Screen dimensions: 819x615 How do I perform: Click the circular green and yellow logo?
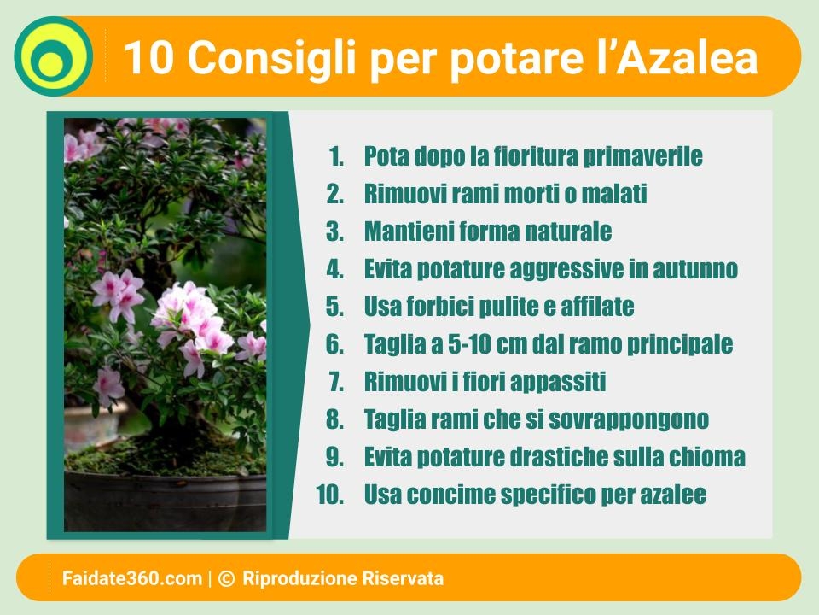pos(53,56)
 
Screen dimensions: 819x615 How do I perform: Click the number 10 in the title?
pos(148,57)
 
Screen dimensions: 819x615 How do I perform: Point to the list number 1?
pos(336,156)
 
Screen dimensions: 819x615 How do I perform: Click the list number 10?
pos(330,495)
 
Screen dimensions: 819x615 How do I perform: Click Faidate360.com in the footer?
pos(132,578)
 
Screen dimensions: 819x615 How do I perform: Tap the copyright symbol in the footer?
pos(226,578)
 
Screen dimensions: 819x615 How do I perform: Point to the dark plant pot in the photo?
pos(165,501)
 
